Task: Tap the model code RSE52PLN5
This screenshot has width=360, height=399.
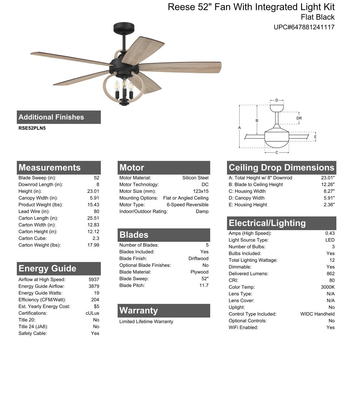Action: coord(32,128)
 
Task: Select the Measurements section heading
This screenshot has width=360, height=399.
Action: coord(50,167)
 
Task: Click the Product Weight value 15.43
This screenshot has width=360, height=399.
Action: coord(93,205)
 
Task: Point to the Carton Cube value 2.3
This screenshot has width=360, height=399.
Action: coord(96,238)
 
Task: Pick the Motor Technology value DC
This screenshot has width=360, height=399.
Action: coord(205,185)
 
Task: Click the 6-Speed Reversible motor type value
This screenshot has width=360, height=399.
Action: coord(187,205)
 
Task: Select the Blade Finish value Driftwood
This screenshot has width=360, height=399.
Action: coord(198,259)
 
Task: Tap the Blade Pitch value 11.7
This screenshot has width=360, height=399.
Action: coord(204,285)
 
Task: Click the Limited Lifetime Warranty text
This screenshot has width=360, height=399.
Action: coord(146,322)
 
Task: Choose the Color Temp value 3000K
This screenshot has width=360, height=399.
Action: coord(328,287)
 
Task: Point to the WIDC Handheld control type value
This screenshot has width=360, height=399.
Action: coord(317,314)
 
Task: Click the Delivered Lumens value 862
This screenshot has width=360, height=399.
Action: coord(330,274)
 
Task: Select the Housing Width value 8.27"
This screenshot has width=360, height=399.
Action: coord(329,191)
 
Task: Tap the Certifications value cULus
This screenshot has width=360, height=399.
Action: coord(92,313)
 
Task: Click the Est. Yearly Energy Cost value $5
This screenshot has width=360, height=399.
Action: coord(96,306)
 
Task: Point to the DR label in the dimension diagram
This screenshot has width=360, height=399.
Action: coord(299,118)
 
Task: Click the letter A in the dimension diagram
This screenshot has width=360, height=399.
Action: coord(240,128)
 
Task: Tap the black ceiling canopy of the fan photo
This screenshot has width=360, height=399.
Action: coord(124,28)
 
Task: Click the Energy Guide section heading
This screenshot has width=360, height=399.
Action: coord(47,269)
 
